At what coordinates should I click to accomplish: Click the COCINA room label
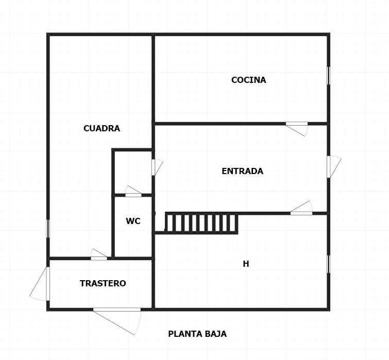click(248, 80)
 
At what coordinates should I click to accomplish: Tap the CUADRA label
click(102, 128)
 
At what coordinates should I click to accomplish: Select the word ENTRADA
click(242, 171)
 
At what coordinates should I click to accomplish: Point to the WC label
click(133, 221)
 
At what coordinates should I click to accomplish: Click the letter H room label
click(246, 264)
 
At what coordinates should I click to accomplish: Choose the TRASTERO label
click(103, 283)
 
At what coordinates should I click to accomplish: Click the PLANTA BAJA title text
click(197, 334)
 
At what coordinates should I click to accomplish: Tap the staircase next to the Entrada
click(201, 223)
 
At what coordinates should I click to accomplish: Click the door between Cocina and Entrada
click(297, 128)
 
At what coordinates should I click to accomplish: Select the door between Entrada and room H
click(301, 208)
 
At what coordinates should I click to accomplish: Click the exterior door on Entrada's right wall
click(334, 167)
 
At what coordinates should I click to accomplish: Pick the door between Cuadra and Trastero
click(99, 254)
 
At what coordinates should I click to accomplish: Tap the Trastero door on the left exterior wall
click(40, 284)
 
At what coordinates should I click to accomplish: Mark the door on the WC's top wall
click(133, 192)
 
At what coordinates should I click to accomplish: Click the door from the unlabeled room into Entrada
click(157, 167)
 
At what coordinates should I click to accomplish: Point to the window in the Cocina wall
click(329, 76)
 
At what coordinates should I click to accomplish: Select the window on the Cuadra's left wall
click(48, 229)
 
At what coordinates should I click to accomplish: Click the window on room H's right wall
click(329, 264)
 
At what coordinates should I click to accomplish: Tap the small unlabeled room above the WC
click(133, 173)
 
